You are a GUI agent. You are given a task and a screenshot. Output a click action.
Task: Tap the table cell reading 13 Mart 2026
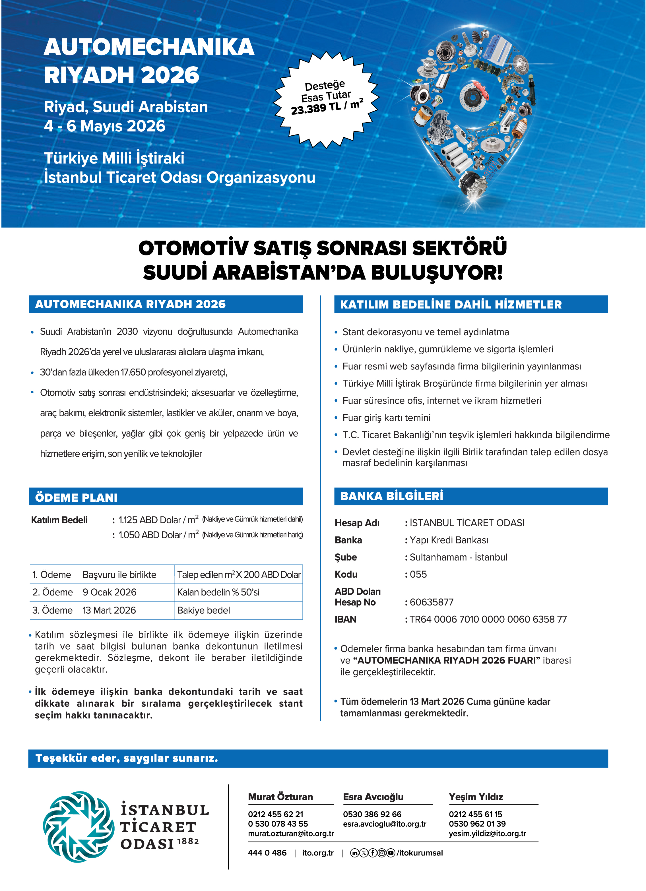point(109,610)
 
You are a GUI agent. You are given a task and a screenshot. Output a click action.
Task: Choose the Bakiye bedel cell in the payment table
point(204,610)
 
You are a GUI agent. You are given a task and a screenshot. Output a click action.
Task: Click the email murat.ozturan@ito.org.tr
point(291,833)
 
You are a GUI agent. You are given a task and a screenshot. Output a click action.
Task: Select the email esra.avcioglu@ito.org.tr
point(384,824)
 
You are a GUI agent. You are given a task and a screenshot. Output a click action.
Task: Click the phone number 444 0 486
point(267,853)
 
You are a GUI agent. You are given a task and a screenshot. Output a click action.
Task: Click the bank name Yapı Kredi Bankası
point(449,540)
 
